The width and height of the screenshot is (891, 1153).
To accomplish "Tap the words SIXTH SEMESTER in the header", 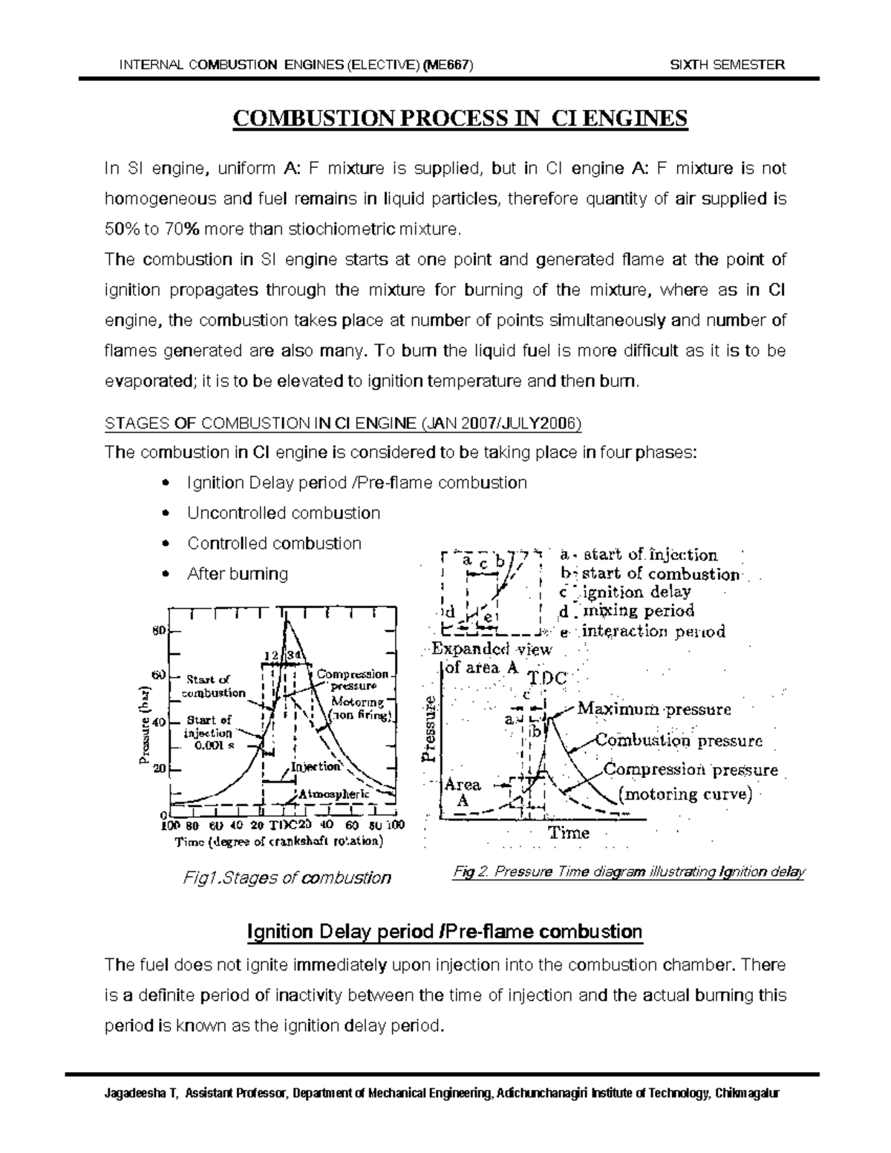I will (727, 65).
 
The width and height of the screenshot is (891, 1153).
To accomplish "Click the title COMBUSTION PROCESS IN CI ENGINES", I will (461, 119).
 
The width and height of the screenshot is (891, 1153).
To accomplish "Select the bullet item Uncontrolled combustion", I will (284, 513).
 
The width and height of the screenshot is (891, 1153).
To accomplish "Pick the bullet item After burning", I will (238, 574).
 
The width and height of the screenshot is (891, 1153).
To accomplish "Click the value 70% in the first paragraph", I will (181, 229).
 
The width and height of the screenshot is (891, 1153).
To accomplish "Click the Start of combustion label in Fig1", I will (215, 686).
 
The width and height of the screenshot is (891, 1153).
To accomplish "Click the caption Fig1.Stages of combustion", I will (287, 878).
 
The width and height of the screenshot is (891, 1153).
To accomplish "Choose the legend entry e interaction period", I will (642, 632).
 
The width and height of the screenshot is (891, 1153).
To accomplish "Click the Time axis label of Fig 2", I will (569, 833).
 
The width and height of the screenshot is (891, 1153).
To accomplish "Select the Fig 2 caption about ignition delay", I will (628, 872).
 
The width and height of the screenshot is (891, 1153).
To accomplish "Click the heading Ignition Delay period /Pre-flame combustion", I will (444, 931).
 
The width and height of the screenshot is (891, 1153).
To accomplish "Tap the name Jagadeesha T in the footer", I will (137, 1094).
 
